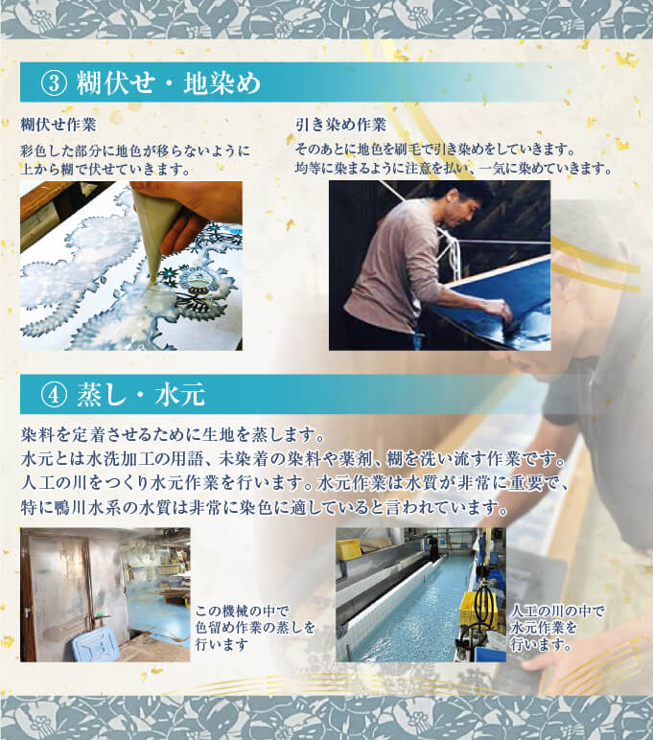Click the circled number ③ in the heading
pos(55,83)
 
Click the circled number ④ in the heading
pos(55,395)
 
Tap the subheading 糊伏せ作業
pos(58,125)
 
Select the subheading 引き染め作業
pos(340,125)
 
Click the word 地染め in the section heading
pos(222,83)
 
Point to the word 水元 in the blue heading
pos(180,395)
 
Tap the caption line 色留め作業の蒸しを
pos(255,628)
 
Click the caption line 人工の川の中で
pos(557,612)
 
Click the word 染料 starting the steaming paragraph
pos(37,434)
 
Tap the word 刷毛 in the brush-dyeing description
pos(408,150)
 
